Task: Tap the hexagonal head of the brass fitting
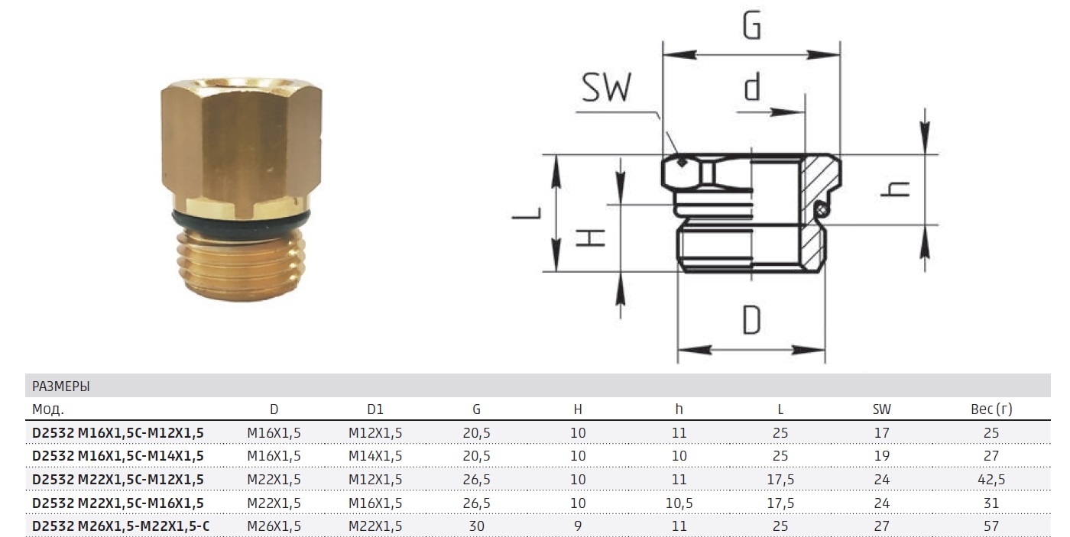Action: [x=241, y=145]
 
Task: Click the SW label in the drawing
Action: [x=607, y=88]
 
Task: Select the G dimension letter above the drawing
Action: [x=752, y=27]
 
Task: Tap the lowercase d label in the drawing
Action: [x=753, y=87]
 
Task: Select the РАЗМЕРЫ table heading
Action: [x=61, y=386]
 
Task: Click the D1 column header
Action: [x=374, y=409]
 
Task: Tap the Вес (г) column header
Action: [x=991, y=409]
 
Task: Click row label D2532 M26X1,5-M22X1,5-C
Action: [x=121, y=526]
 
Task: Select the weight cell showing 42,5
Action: [x=991, y=479]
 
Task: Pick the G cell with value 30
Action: [x=476, y=526]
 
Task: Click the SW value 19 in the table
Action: [x=881, y=455]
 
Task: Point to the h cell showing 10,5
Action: [x=679, y=503]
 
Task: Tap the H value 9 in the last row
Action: [x=578, y=526]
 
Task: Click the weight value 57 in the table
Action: [x=991, y=526]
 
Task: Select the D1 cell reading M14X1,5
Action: [x=374, y=455]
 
